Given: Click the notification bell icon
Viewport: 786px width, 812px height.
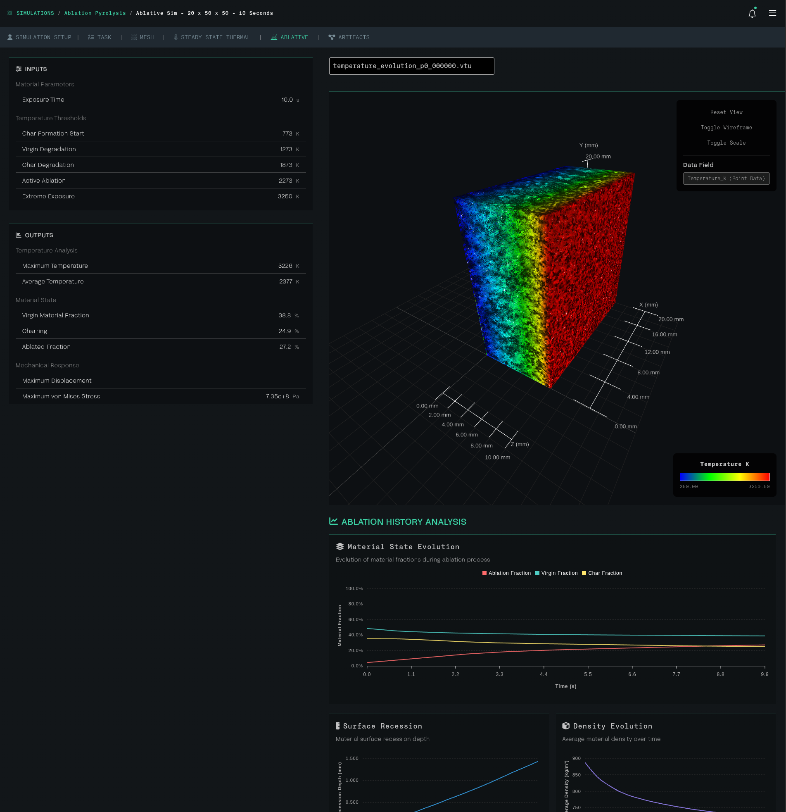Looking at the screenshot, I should tap(752, 14).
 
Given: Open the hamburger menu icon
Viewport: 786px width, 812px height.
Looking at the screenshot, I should tap(772, 13).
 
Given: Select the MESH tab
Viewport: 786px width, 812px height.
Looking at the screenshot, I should tap(142, 37).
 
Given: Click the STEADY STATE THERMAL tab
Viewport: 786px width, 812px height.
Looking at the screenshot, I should tap(212, 37).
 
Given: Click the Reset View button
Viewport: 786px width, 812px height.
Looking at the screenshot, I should tap(726, 112).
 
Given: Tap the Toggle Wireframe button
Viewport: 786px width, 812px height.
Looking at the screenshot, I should tap(726, 128).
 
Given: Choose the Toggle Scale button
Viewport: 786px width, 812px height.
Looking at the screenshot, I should tap(726, 143).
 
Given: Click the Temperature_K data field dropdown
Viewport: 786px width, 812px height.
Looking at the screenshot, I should tap(726, 179).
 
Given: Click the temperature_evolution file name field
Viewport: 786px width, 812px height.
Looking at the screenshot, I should tap(411, 66).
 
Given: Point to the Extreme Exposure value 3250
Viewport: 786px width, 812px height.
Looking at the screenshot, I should tap(285, 196).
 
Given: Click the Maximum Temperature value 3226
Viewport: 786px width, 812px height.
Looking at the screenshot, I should tap(285, 266).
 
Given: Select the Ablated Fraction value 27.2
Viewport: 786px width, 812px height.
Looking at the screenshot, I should tap(285, 347).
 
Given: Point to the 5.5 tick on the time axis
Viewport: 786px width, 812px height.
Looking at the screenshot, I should tap(588, 674).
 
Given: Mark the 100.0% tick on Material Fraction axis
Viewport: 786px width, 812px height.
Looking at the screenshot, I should tap(354, 589).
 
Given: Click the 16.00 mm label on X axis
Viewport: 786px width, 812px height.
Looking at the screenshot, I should tap(664, 335).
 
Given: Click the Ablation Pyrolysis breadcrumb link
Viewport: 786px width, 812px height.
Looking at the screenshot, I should tap(95, 13).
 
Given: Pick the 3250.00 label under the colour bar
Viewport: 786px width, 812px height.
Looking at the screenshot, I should tap(759, 487).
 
